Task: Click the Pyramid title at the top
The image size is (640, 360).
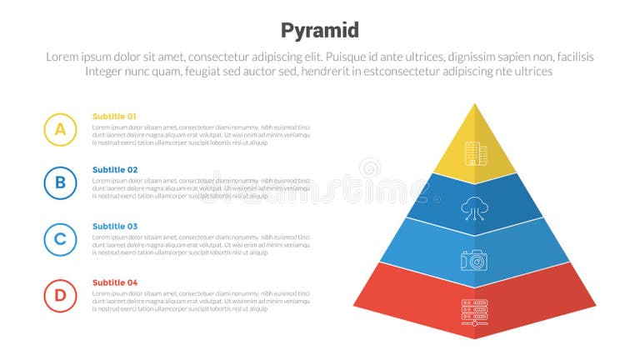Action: tap(320, 31)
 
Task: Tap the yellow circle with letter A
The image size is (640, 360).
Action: tap(60, 129)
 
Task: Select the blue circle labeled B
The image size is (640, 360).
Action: tap(60, 182)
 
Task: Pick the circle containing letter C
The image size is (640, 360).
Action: tap(60, 239)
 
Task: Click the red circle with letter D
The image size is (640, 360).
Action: tap(60, 295)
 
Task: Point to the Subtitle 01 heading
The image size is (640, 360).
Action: tap(114, 117)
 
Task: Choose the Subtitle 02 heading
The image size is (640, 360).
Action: tap(114, 170)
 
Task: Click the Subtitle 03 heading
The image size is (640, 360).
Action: tap(114, 227)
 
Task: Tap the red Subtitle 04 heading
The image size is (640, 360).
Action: tap(114, 282)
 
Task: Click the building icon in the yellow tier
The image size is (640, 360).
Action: tap(474, 152)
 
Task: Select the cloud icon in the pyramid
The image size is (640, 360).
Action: tap(474, 207)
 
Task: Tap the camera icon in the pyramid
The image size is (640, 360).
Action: tap(474, 260)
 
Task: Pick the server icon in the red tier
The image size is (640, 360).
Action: tap(474, 312)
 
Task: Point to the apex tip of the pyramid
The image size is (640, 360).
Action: tap(475, 104)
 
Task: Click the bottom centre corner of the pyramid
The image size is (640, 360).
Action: tap(475, 338)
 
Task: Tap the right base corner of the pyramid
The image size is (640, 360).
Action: tap(597, 305)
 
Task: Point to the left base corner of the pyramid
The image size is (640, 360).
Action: tap(353, 305)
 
